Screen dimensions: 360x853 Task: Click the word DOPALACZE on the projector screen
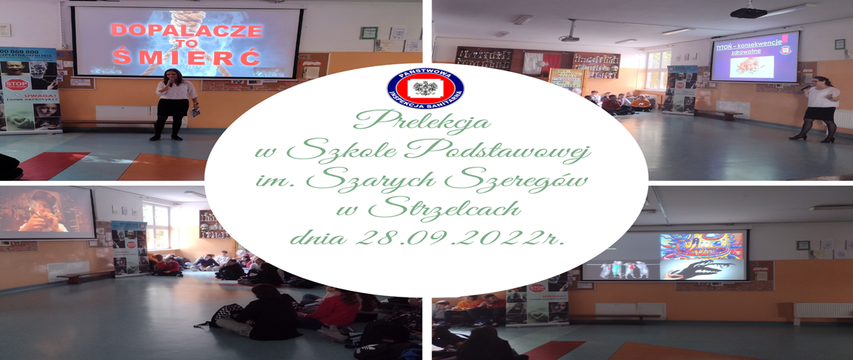(187, 30)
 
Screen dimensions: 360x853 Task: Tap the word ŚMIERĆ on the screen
(187, 57)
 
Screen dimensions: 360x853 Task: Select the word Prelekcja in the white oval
(422, 121)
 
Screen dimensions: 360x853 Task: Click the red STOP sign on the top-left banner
(16, 84)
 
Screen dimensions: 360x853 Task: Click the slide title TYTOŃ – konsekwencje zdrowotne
(749, 47)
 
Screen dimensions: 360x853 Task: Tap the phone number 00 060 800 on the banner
(20, 52)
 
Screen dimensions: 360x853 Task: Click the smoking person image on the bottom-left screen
(44, 212)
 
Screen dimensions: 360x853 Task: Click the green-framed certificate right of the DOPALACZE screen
(369, 33)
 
